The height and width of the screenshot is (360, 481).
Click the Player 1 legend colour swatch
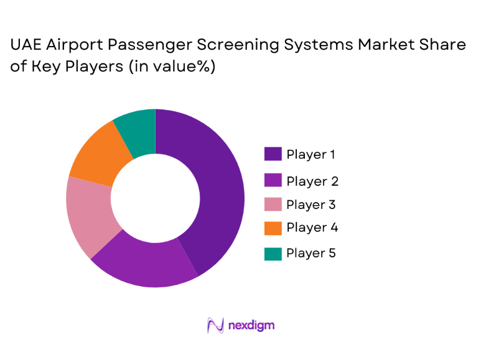point(273,154)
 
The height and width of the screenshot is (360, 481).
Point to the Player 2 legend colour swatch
point(273,181)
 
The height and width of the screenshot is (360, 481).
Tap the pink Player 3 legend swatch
point(273,205)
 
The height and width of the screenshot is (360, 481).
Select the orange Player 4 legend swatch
point(273,228)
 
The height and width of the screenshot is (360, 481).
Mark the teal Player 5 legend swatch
point(273,253)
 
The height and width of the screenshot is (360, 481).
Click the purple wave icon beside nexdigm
point(215,325)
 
